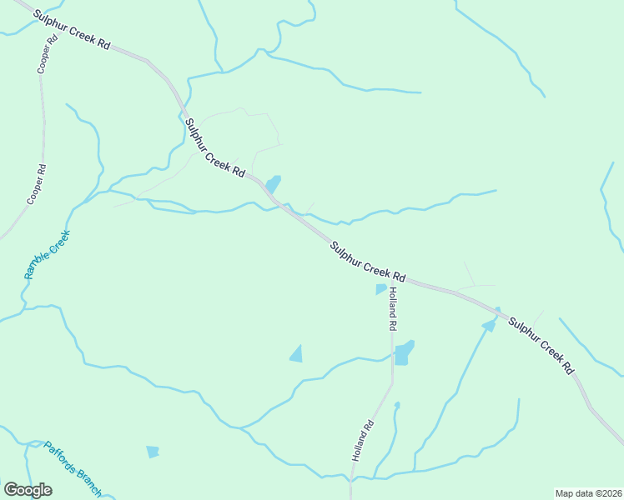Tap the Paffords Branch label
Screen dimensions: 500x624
(73, 468)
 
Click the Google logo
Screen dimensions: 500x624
(28, 490)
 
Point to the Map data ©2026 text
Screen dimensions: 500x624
(588, 493)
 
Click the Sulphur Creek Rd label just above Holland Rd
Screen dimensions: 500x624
(367, 261)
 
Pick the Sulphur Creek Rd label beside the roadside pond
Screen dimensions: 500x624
(215, 147)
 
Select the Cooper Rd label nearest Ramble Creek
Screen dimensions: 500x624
(37, 184)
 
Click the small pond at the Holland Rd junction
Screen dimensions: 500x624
(381, 289)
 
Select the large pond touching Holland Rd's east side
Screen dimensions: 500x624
(404, 352)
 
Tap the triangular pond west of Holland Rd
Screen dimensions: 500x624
(296, 354)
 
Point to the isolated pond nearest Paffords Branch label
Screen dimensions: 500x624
(152, 452)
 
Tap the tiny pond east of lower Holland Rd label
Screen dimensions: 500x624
(397, 406)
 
